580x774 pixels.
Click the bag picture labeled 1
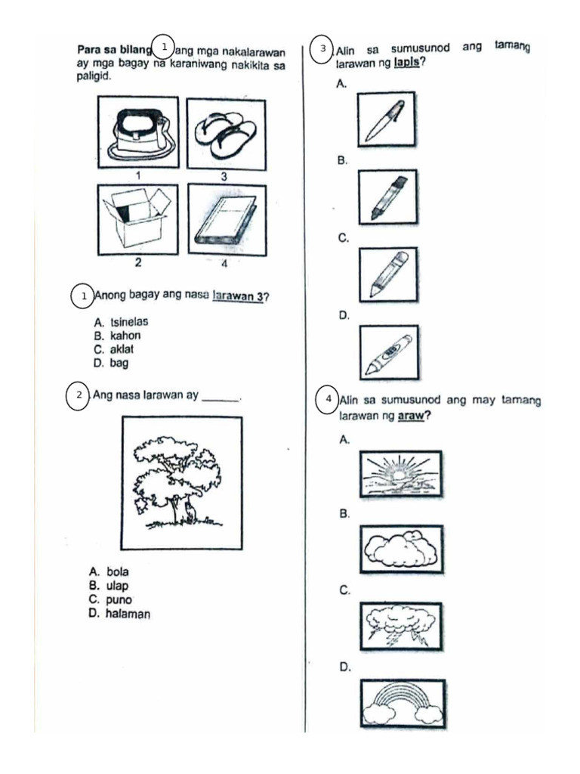[138, 133]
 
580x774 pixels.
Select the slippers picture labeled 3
[225, 133]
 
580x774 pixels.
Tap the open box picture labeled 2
[138, 220]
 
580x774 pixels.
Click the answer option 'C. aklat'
[117, 349]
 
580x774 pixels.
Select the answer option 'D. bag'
[111, 363]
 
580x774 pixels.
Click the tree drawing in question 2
[181, 482]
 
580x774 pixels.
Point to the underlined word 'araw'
[409, 416]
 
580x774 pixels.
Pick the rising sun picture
[400, 473]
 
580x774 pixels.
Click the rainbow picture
[402, 703]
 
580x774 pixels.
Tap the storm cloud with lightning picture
[400, 626]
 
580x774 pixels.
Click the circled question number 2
[79, 395]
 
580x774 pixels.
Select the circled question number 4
[328, 398]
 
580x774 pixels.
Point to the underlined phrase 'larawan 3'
[237, 296]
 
